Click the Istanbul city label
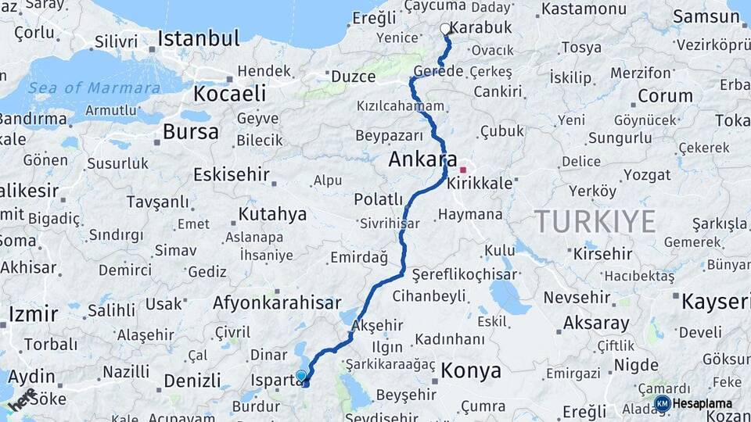(198, 38)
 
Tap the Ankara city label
(418, 160)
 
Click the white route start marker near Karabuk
(445, 29)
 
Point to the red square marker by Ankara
(463, 170)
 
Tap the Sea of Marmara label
(94, 88)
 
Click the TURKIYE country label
(595, 222)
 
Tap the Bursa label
(190, 131)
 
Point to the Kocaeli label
(229, 94)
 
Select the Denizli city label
(192, 381)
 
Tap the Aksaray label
(596, 323)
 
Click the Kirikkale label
(480, 184)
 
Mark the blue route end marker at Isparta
(301, 376)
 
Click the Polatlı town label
(378, 199)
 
